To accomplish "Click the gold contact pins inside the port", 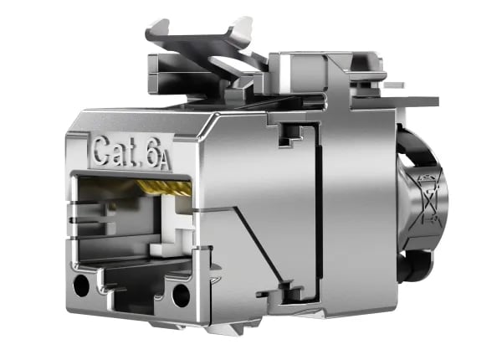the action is pyautogui.click(x=165, y=188).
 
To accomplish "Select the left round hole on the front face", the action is pyautogui.click(x=81, y=285).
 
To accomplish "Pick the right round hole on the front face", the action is pyautogui.click(x=182, y=295).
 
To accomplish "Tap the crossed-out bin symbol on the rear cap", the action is pyautogui.click(x=431, y=199).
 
